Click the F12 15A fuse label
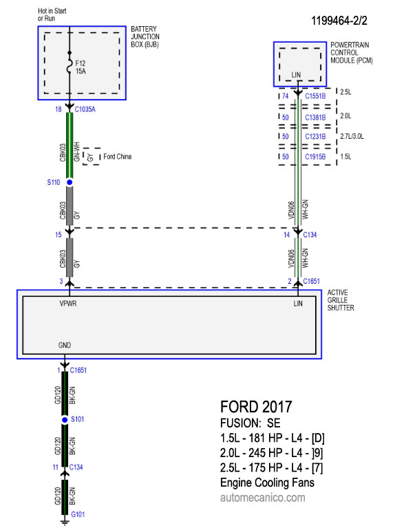tap(81, 67)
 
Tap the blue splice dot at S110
tap(70, 183)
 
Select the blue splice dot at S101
tap(65, 420)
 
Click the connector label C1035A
tap(85, 109)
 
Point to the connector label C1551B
tap(315, 96)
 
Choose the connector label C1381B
tap(315, 118)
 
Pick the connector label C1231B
tap(315, 136)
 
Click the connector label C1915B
tap(315, 157)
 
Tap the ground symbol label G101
tap(78, 514)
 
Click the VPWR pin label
tap(68, 304)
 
